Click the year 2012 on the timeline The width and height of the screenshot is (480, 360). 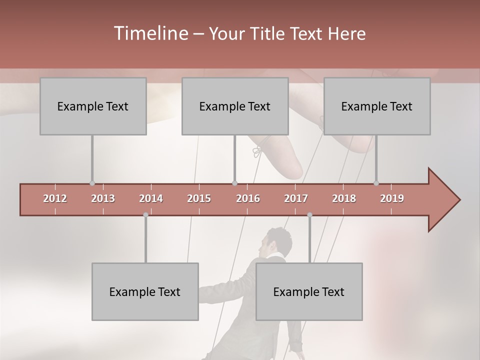coord(55,198)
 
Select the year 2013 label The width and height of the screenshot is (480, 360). coord(103,198)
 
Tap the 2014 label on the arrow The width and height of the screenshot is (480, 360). coord(151,198)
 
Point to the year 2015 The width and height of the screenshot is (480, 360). coord(199,198)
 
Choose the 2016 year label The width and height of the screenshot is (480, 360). coord(248,198)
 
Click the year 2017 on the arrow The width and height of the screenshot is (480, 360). coord(296,198)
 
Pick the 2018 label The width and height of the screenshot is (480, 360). coord(344,198)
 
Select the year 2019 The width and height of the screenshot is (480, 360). coord(392,198)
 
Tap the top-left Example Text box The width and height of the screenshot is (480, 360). coord(93,106)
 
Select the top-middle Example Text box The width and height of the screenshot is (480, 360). coord(235,106)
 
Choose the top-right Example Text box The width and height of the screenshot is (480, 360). coord(377,106)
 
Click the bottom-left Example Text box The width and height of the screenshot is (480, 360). coord(145,291)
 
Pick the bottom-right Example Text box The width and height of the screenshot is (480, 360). coord(309,291)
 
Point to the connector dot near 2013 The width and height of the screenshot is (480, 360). coord(92,183)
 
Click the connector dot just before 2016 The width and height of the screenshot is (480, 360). coord(235,183)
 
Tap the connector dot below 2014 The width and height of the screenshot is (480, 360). coord(145,214)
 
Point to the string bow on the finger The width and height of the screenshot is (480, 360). coord(257,151)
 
